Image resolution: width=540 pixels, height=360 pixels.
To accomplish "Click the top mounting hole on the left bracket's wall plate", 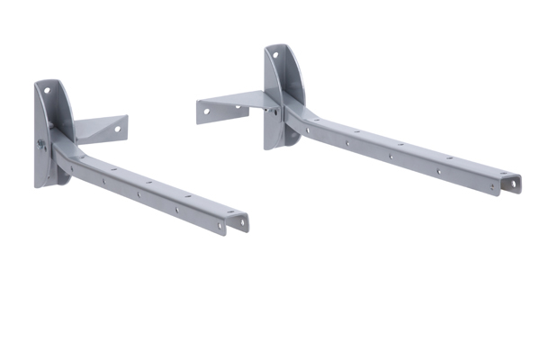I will tap(45, 90).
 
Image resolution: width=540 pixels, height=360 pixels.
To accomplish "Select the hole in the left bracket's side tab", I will tap(116, 129).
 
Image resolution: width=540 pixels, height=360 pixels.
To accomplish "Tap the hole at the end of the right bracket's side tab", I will tap(206, 112).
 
